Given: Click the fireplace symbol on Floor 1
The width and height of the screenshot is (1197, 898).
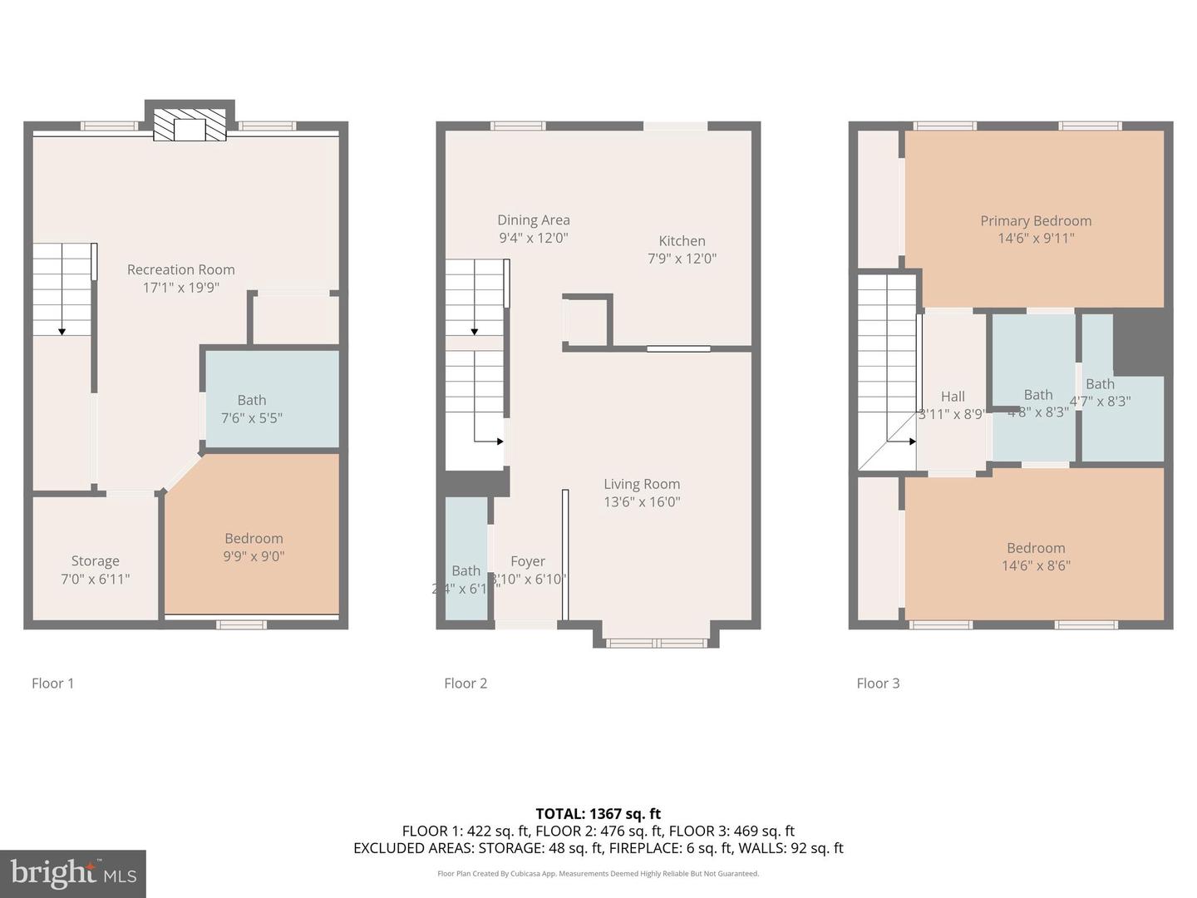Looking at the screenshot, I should point(190,125).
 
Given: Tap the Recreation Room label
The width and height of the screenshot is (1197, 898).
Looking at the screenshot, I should point(180,269).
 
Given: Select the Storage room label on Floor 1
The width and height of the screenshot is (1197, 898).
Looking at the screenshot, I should point(95,561).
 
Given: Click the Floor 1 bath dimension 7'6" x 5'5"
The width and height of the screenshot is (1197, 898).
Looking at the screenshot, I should point(252,418).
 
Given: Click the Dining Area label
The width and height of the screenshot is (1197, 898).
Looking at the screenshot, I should point(533,220).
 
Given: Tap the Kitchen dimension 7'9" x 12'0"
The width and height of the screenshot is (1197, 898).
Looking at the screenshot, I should point(682,259).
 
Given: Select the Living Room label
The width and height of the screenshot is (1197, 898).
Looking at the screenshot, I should point(641,484).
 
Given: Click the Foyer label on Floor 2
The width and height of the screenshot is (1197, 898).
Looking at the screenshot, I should point(528,561).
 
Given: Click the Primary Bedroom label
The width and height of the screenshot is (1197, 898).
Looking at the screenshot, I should point(1035,221).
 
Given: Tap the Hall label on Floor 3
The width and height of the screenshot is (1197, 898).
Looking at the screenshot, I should point(953,397).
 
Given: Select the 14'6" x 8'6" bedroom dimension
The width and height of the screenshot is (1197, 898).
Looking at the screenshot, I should point(1036,566).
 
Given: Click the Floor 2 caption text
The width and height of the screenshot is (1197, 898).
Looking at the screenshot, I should point(465,683).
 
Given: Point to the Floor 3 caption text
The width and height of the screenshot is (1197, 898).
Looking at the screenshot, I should point(878,683).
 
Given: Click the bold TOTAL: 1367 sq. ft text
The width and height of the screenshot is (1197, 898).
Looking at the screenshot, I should point(598,814).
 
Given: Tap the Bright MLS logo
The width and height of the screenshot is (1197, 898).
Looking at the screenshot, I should point(73,873).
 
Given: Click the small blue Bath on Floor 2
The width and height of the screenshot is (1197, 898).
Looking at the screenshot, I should point(466,557).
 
